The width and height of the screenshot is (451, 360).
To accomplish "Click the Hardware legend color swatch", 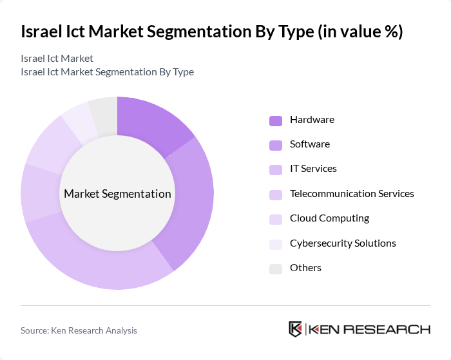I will (x=276, y=120).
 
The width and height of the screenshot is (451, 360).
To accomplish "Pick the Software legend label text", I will (x=309, y=144).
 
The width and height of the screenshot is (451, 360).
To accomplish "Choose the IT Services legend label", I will (x=313, y=169).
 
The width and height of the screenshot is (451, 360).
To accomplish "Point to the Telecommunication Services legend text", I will (x=352, y=193).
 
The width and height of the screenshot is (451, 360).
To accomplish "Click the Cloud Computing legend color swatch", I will (x=276, y=219).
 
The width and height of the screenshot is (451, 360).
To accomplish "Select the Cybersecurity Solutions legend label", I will (x=343, y=243).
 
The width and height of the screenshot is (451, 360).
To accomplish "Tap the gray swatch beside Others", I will (x=276, y=269).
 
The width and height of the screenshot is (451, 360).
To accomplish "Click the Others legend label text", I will (x=305, y=268).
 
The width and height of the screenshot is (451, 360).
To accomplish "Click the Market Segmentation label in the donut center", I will (x=117, y=194).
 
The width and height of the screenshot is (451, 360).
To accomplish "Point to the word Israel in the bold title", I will (x=42, y=32).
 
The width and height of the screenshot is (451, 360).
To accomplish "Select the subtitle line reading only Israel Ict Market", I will (x=57, y=59).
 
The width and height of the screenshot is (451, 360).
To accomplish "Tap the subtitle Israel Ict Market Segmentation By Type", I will (x=107, y=71).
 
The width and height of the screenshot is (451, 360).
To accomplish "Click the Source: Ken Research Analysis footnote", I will (x=79, y=330).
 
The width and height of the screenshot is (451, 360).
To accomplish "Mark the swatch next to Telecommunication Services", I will (x=276, y=194).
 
